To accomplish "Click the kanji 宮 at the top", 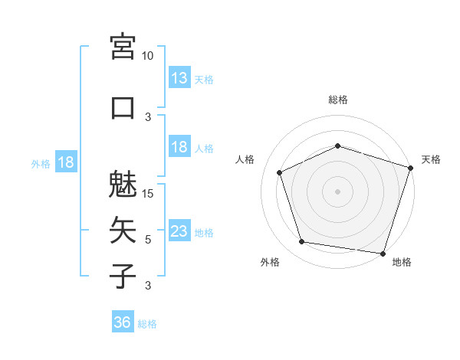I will tap(123, 47).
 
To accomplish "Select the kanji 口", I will tap(123, 107).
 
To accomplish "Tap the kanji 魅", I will tap(123, 184).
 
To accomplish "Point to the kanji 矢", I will tap(123, 229).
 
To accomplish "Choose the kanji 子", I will tap(123, 275).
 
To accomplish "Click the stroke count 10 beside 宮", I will tap(148, 56).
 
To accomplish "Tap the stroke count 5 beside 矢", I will tap(148, 239).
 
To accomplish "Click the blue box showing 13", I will tap(179, 77).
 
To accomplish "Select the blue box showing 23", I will tap(179, 231).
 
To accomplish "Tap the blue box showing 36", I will tap(122, 322).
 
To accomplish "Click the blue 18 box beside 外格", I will tap(65, 162).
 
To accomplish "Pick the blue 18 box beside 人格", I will tap(179, 147).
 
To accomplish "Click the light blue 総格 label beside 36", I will tap(147, 324).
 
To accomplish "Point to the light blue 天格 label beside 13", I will tap(204, 79).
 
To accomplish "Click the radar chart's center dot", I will tap(337, 191).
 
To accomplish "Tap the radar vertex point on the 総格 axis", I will tap(337, 146).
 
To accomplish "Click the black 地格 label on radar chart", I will tap(402, 263).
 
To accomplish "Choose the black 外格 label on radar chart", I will tap(270, 263).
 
